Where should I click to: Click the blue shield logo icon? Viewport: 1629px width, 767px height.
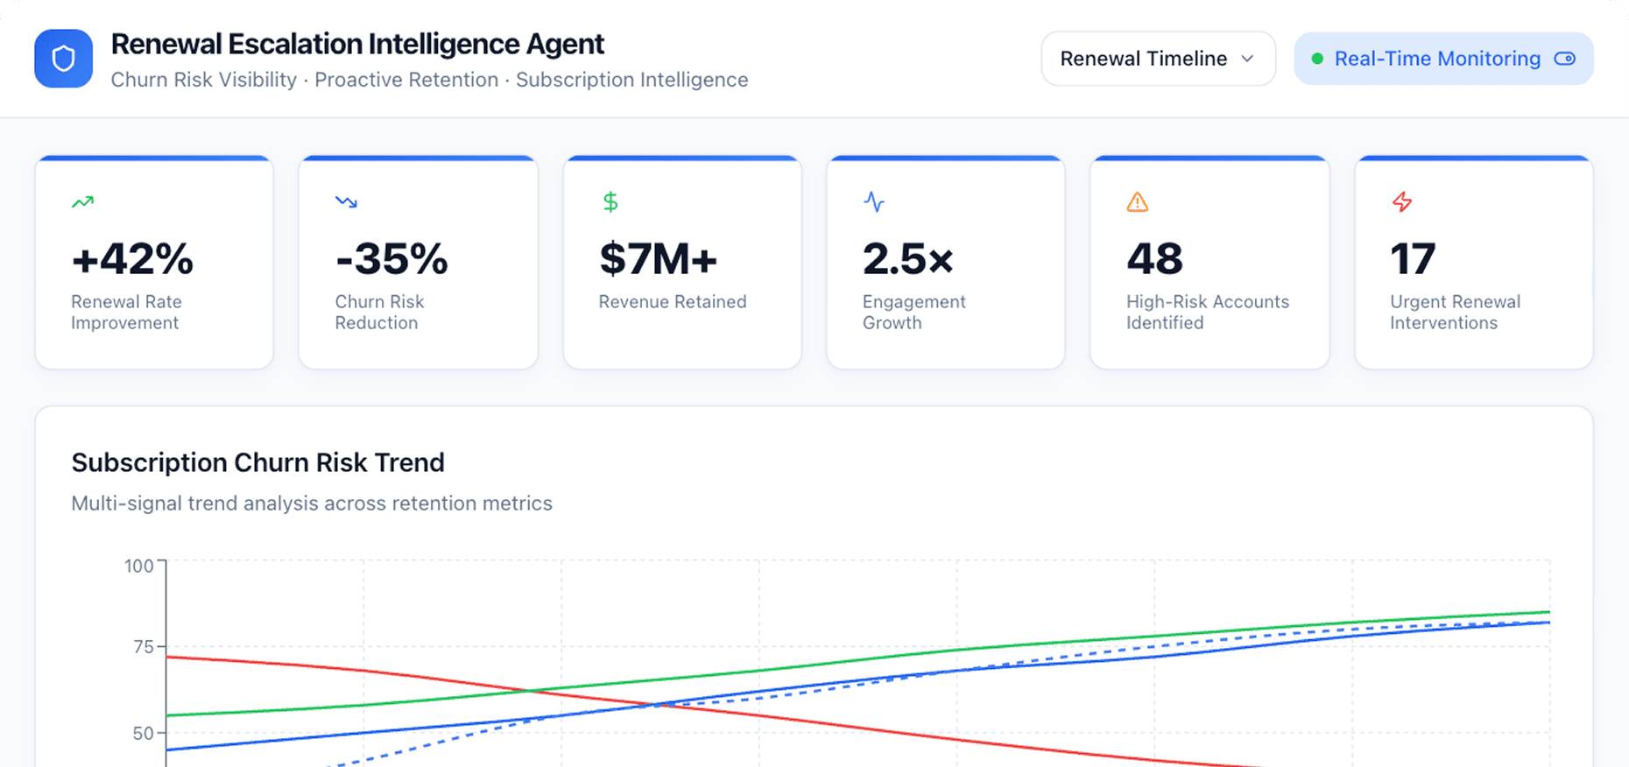[63, 59]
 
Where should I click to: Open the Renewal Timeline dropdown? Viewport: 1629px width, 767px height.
[1157, 59]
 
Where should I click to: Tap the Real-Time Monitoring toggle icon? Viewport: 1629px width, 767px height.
[1564, 59]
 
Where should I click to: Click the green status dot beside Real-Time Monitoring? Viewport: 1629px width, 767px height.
[1316, 59]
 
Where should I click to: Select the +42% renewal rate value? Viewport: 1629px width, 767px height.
[132, 259]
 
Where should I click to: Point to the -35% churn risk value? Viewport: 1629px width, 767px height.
[391, 259]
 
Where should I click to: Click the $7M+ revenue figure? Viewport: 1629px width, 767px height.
[658, 259]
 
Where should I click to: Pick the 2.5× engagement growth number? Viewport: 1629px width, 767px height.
[907, 259]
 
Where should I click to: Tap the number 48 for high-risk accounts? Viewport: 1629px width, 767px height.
[1154, 259]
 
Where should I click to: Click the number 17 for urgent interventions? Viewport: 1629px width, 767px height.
[1413, 259]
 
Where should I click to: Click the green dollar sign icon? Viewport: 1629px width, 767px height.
[610, 202]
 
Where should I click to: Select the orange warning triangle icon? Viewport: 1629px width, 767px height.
[1137, 202]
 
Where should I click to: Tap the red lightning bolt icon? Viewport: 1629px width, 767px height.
[1401, 202]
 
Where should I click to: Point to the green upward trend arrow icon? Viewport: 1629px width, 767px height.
[82, 202]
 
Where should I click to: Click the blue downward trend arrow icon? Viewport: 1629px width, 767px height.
[346, 202]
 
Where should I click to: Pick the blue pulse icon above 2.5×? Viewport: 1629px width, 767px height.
[873, 202]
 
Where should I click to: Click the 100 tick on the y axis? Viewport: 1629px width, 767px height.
[138, 566]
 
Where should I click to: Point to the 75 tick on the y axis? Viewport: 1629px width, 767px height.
[143, 647]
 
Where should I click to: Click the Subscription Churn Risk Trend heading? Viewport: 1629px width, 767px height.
[257, 462]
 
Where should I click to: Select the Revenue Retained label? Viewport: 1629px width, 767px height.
[672, 302]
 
